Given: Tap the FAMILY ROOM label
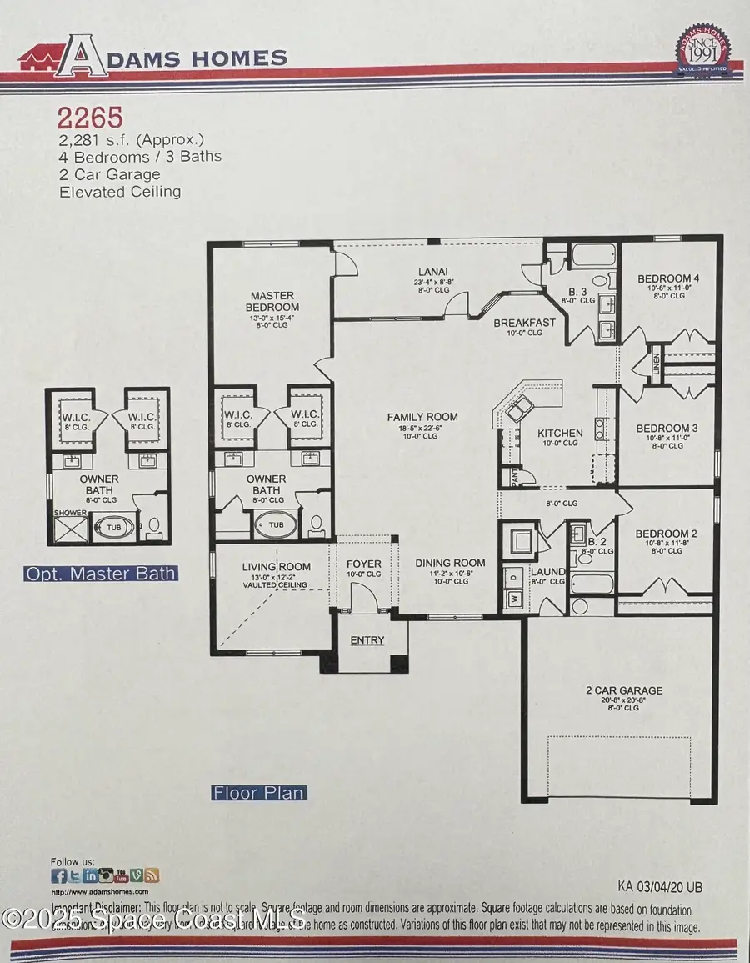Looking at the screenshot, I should click(422, 417).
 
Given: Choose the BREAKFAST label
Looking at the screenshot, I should click(524, 323).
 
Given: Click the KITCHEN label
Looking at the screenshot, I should click(560, 434).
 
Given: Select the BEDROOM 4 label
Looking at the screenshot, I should click(665, 278).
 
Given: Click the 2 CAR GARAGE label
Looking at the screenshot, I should click(623, 690).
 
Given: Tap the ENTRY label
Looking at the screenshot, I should click(367, 640).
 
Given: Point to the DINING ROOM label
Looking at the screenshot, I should click(450, 563).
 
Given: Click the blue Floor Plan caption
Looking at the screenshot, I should click(259, 793).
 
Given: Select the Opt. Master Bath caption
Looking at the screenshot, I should click(100, 574).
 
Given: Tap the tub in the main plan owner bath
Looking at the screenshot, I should click(274, 524).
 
